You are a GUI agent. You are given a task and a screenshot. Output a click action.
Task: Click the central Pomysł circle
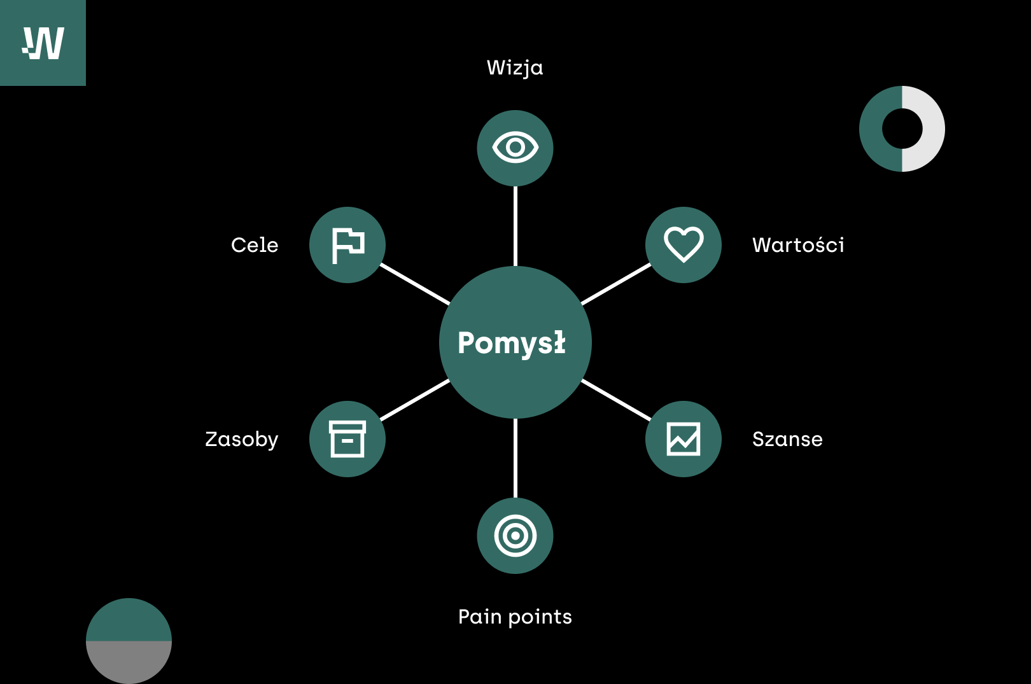[515, 342]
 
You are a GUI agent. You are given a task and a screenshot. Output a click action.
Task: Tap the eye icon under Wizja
[515, 148]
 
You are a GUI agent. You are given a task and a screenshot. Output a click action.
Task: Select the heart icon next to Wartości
[684, 244]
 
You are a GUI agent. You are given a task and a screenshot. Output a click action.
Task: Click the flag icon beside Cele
[348, 245]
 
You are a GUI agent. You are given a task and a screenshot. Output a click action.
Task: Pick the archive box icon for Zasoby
[347, 439]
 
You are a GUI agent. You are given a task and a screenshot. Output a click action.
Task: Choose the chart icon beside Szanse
[684, 439]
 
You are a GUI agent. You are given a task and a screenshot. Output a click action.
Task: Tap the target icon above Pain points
[515, 536]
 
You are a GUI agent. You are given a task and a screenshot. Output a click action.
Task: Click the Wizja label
[515, 68]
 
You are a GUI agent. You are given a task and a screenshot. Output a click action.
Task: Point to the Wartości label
[798, 245]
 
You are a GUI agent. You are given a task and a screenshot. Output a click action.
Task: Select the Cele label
[255, 245]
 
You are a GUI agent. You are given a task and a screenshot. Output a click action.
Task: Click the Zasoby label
[242, 440]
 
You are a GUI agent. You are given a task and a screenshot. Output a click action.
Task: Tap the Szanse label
[787, 439]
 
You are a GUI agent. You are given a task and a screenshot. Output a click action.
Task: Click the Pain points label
[515, 617]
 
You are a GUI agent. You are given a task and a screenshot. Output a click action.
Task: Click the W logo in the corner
[43, 43]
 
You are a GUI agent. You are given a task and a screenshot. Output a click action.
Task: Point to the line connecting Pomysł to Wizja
[515, 226]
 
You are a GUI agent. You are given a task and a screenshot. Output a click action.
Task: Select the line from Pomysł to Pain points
[515, 458]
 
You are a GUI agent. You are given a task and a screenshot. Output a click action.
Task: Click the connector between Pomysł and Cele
[415, 284]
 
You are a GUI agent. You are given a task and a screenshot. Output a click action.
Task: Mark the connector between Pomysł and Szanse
[616, 400]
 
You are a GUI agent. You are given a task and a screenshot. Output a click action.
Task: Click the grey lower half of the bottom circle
[129, 662]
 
